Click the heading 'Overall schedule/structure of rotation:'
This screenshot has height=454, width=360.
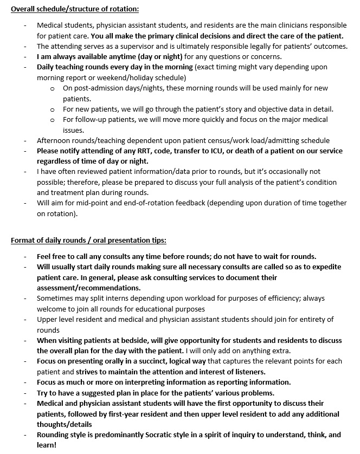click(74, 9)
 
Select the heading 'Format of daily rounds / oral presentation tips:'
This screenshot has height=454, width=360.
click(88, 240)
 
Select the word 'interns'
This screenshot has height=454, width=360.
click(126, 299)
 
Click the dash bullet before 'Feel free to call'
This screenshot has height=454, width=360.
click(25, 256)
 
